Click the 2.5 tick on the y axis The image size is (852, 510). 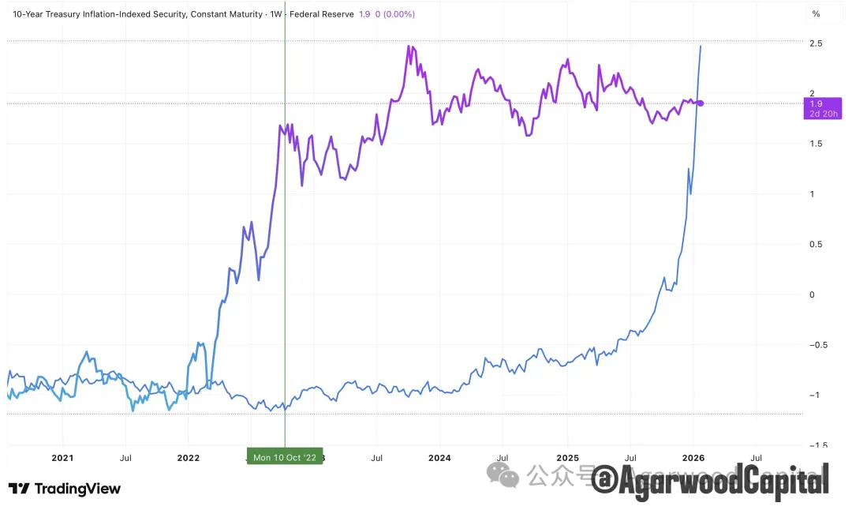pyautogui.click(x=816, y=43)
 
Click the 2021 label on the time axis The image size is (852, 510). pyautogui.click(x=62, y=458)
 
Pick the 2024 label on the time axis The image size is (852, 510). pyautogui.click(x=439, y=458)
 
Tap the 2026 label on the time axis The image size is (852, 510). pyautogui.click(x=693, y=458)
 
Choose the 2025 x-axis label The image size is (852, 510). pyautogui.click(x=567, y=458)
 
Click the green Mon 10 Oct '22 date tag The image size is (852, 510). pyautogui.click(x=285, y=457)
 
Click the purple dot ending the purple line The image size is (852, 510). pyautogui.click(x=701, y=103)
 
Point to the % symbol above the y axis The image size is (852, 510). pyautogui.click(x=816, y=14)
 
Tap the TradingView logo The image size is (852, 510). pyautogui.click(x=65, y=489)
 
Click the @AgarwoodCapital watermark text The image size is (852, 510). pyautogui.click(x=710, y=478)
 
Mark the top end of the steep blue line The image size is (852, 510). pyautogui.click(x=701, y=47)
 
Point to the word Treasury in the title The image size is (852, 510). pyautogui.click(x=74, y=14)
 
